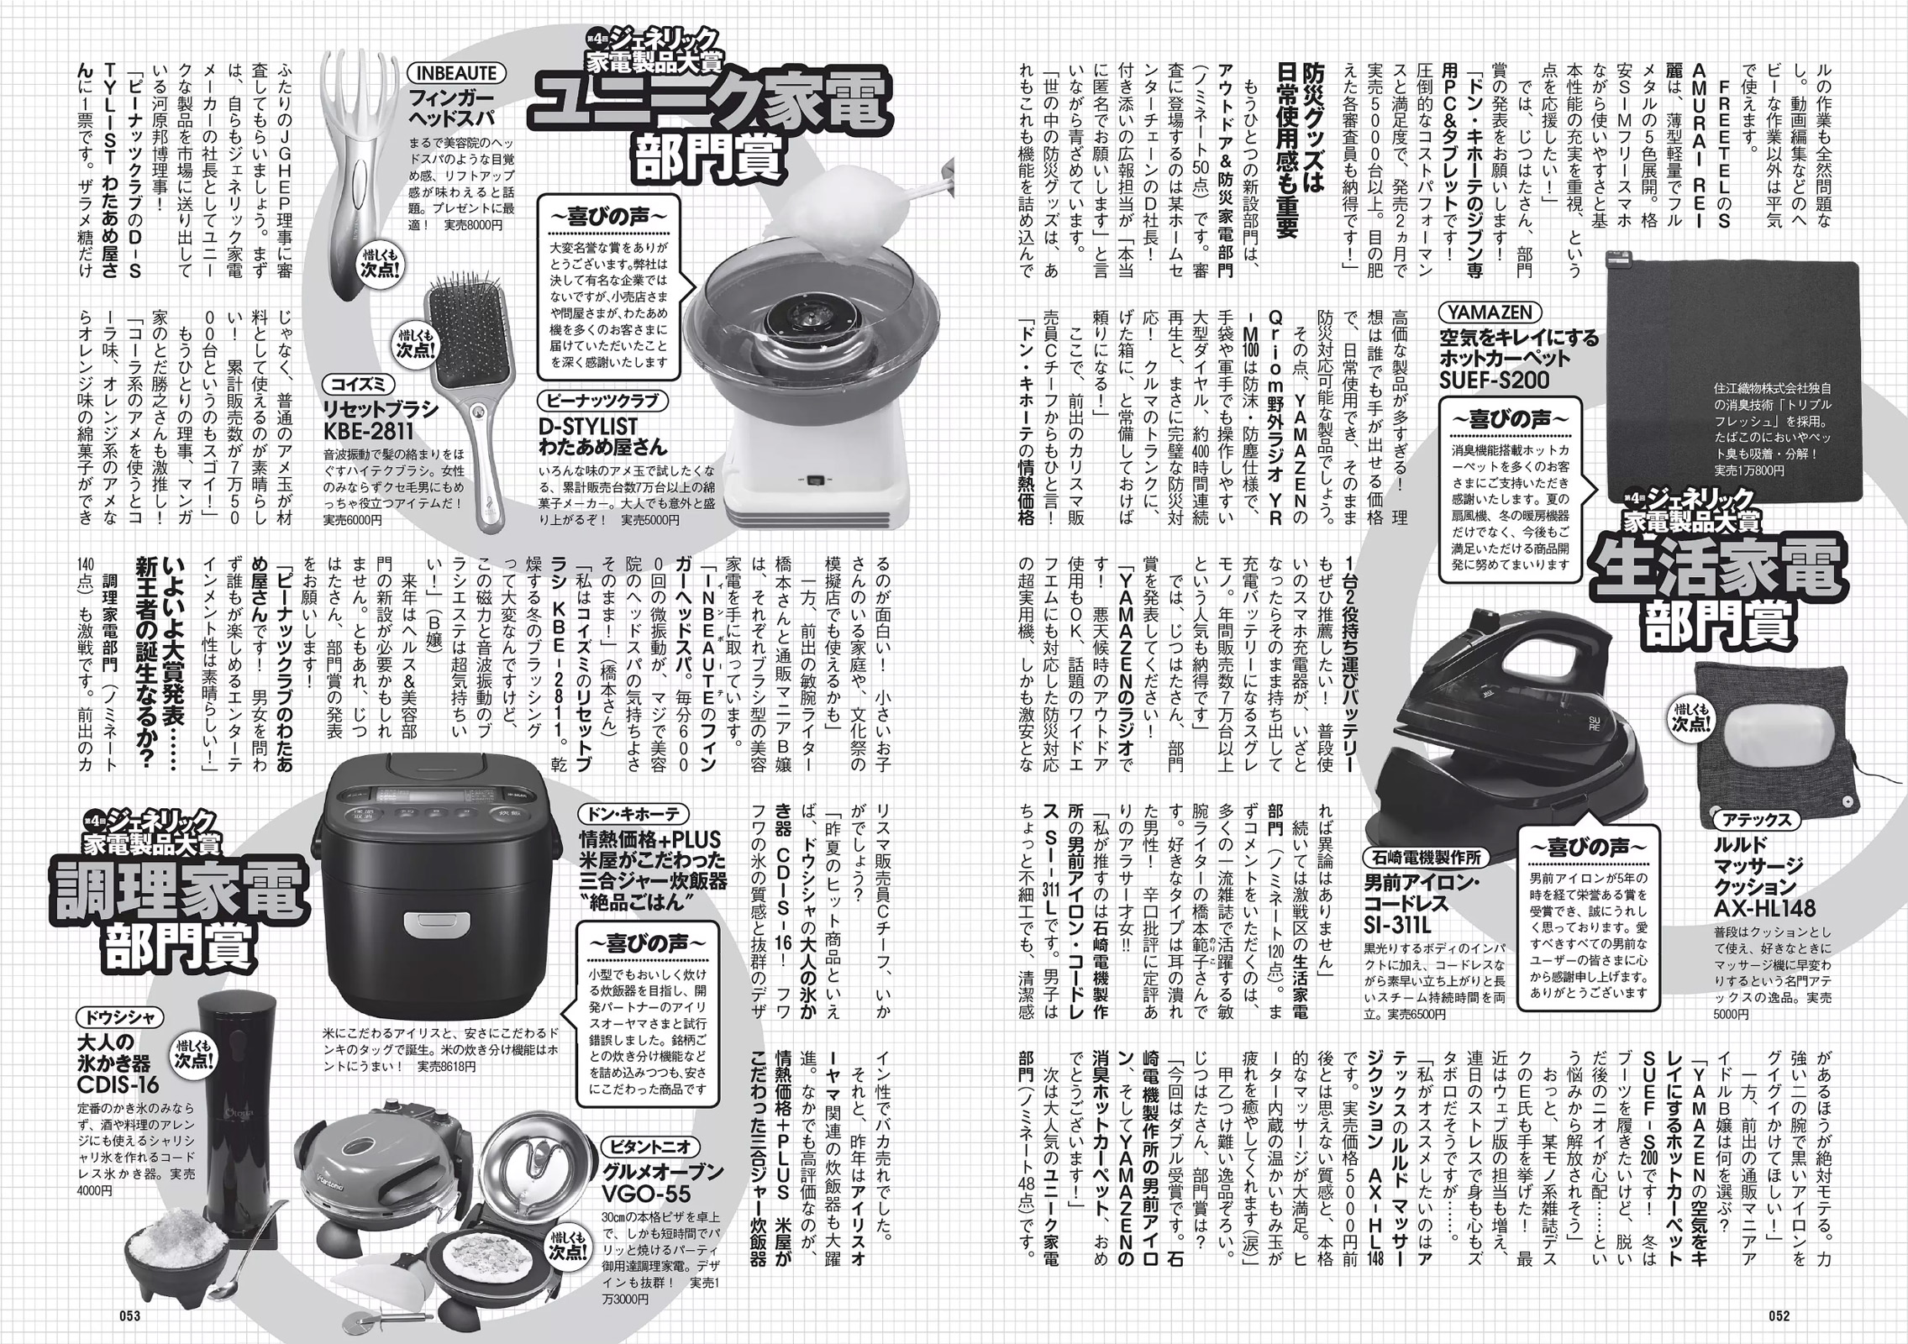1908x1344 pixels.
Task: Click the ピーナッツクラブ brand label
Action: (604, 401)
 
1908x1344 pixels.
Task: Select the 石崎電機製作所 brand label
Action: (1422, 858)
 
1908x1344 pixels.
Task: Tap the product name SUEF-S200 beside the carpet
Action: (1494, 381)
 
